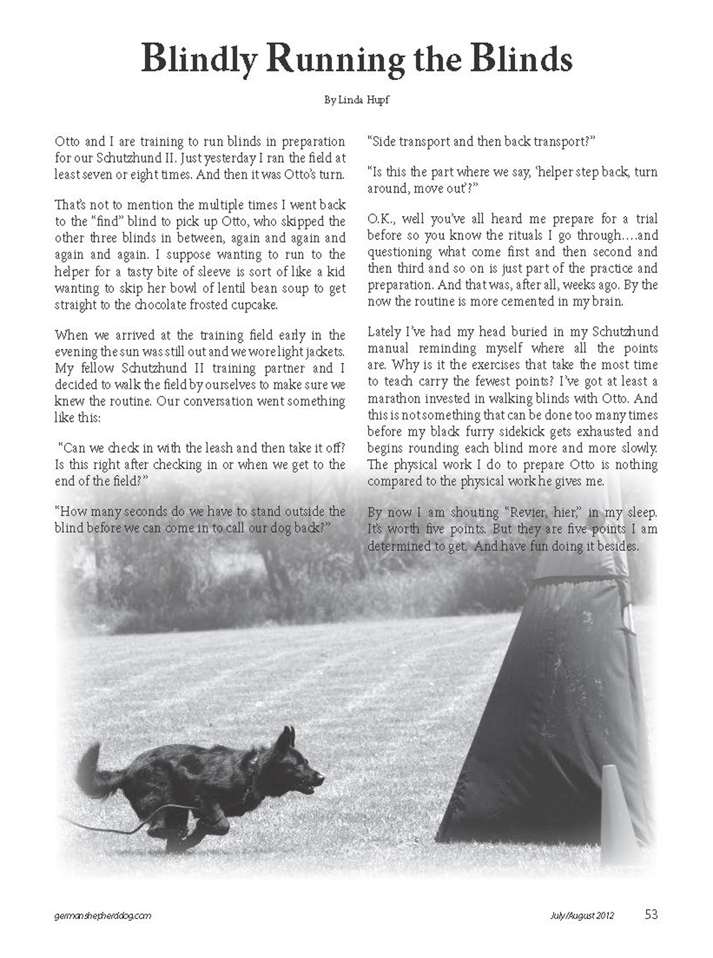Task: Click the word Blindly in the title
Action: [x=199, y=59]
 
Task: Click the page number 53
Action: [x=651, y=914]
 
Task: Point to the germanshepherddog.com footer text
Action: [x=103, y=916]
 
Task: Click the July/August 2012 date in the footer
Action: [x=582, y=916]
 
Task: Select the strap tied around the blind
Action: [x=574, y=584]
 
